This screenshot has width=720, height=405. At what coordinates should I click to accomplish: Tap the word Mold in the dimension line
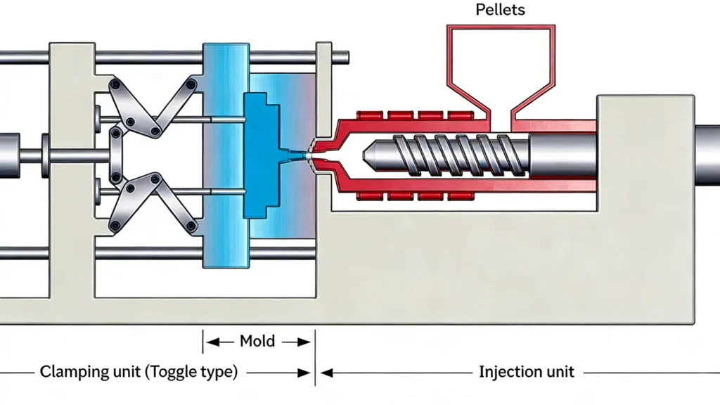257,342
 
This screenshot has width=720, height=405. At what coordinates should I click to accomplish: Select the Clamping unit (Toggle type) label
139,371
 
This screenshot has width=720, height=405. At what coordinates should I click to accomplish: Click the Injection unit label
526,371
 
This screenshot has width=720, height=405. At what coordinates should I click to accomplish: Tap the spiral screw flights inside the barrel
450,150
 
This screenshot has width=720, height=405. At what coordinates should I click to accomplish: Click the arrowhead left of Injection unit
328,371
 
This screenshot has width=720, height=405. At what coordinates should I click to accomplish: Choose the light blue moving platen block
226,155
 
